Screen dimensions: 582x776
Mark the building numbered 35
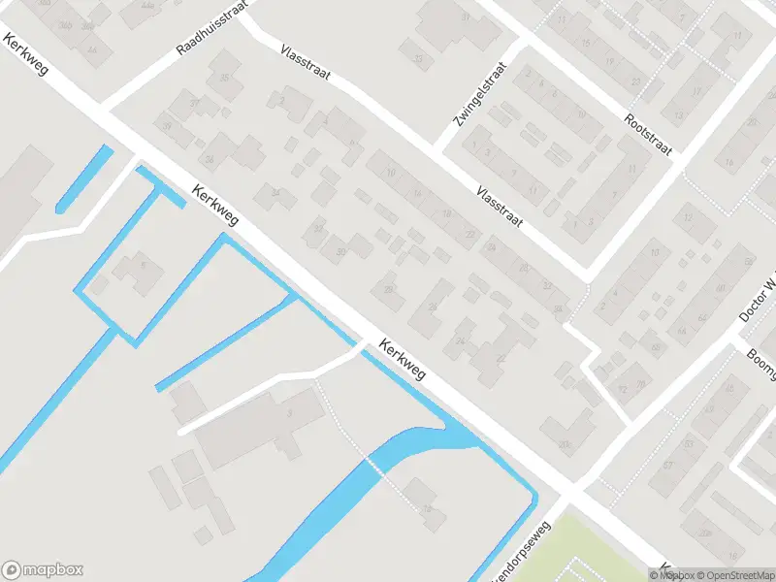point(225,79)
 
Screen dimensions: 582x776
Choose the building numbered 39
point(168,127)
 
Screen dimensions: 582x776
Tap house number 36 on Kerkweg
point(209,159)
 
